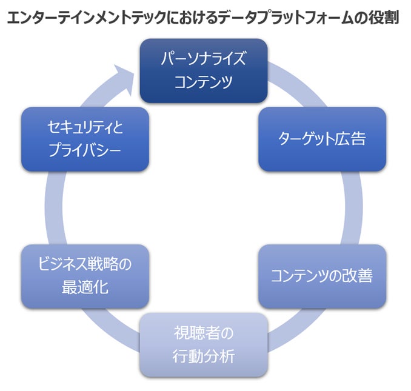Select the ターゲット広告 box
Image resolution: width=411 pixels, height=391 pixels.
[x=322, y=139]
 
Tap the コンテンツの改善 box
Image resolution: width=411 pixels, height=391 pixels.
[x=322, y=276]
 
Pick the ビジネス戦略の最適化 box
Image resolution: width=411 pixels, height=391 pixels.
[x=85, y=276]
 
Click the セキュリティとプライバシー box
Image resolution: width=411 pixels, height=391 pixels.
[x=85, y=139]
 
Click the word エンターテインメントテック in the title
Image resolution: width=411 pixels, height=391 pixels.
[x=82, y=18]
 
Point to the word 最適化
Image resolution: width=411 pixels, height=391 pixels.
[x=85, y=287]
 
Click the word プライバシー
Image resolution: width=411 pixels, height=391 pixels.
[x=85, y=150]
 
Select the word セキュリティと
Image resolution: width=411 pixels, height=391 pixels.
[x=85, y=127]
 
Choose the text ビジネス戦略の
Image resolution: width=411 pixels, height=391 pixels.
[x=85, y=265]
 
